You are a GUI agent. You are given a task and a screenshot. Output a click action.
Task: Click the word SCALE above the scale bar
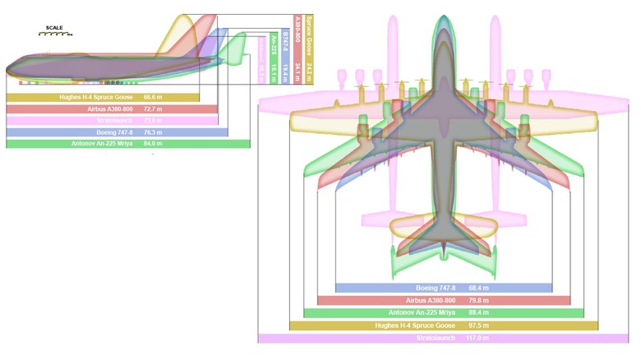[x=55, y=28]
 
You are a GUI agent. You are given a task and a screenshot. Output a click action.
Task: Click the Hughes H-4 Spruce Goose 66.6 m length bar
[x=103, y=97]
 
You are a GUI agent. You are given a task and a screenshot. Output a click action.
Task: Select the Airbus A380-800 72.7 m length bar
[x=112, y=108]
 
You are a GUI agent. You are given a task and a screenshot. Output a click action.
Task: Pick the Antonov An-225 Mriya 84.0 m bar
[x=127, y=143]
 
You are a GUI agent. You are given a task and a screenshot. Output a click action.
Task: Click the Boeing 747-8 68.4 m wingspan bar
[x=444, y=288]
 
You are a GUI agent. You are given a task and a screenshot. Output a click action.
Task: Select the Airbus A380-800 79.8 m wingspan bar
[x=444, y=301]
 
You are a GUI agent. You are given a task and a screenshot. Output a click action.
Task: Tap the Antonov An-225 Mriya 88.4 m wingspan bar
[x=444, y=313]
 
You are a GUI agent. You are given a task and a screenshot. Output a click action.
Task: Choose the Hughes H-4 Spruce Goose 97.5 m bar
[x=444, y=325]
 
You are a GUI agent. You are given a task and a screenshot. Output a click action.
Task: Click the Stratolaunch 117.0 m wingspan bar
[x=444, y=338]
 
